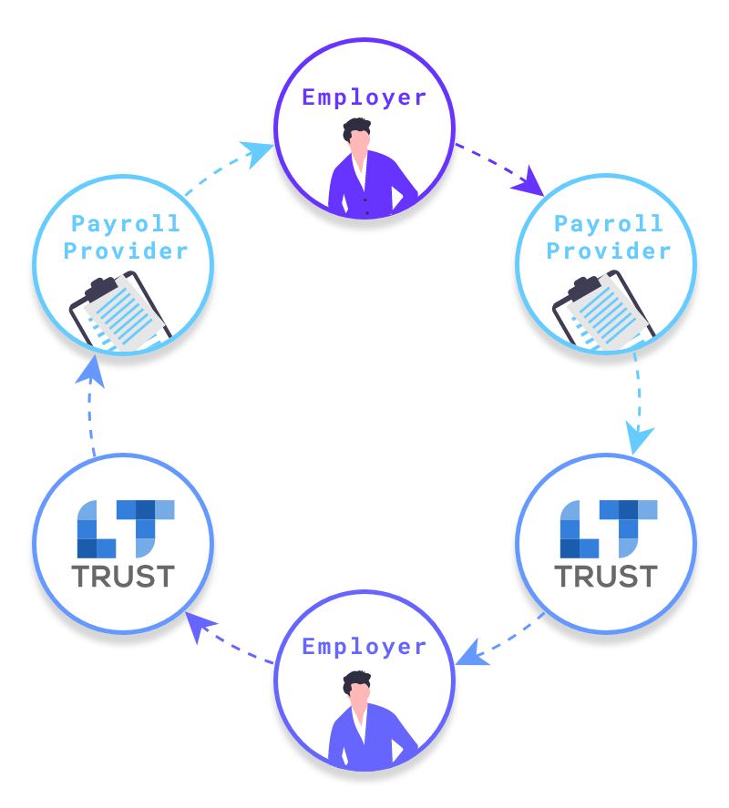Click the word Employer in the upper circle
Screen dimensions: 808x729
click(x=364, y=97)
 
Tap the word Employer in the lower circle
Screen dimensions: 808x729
click(x=364, y=647)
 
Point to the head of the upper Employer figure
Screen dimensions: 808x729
click(x=356, y=137)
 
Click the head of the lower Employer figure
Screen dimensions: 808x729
click(x=356, y=687)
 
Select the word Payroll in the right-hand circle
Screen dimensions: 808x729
click(x=609, y=223)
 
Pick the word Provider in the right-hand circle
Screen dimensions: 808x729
click(x=609, y=251)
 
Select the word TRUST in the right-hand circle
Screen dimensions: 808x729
click(x=606, y=576)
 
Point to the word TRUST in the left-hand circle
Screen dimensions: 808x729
click(x=123, y=576)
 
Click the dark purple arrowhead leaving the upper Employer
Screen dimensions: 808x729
click(x=529, y=185)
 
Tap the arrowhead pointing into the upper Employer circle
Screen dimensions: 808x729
click(x=261, y=150)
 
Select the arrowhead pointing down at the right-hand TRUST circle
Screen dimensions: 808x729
click(x=641, y=440)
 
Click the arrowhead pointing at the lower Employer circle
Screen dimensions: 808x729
click(x=470, y=653)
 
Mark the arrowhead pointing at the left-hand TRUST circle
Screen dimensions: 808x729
click(x=200, y=626)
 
